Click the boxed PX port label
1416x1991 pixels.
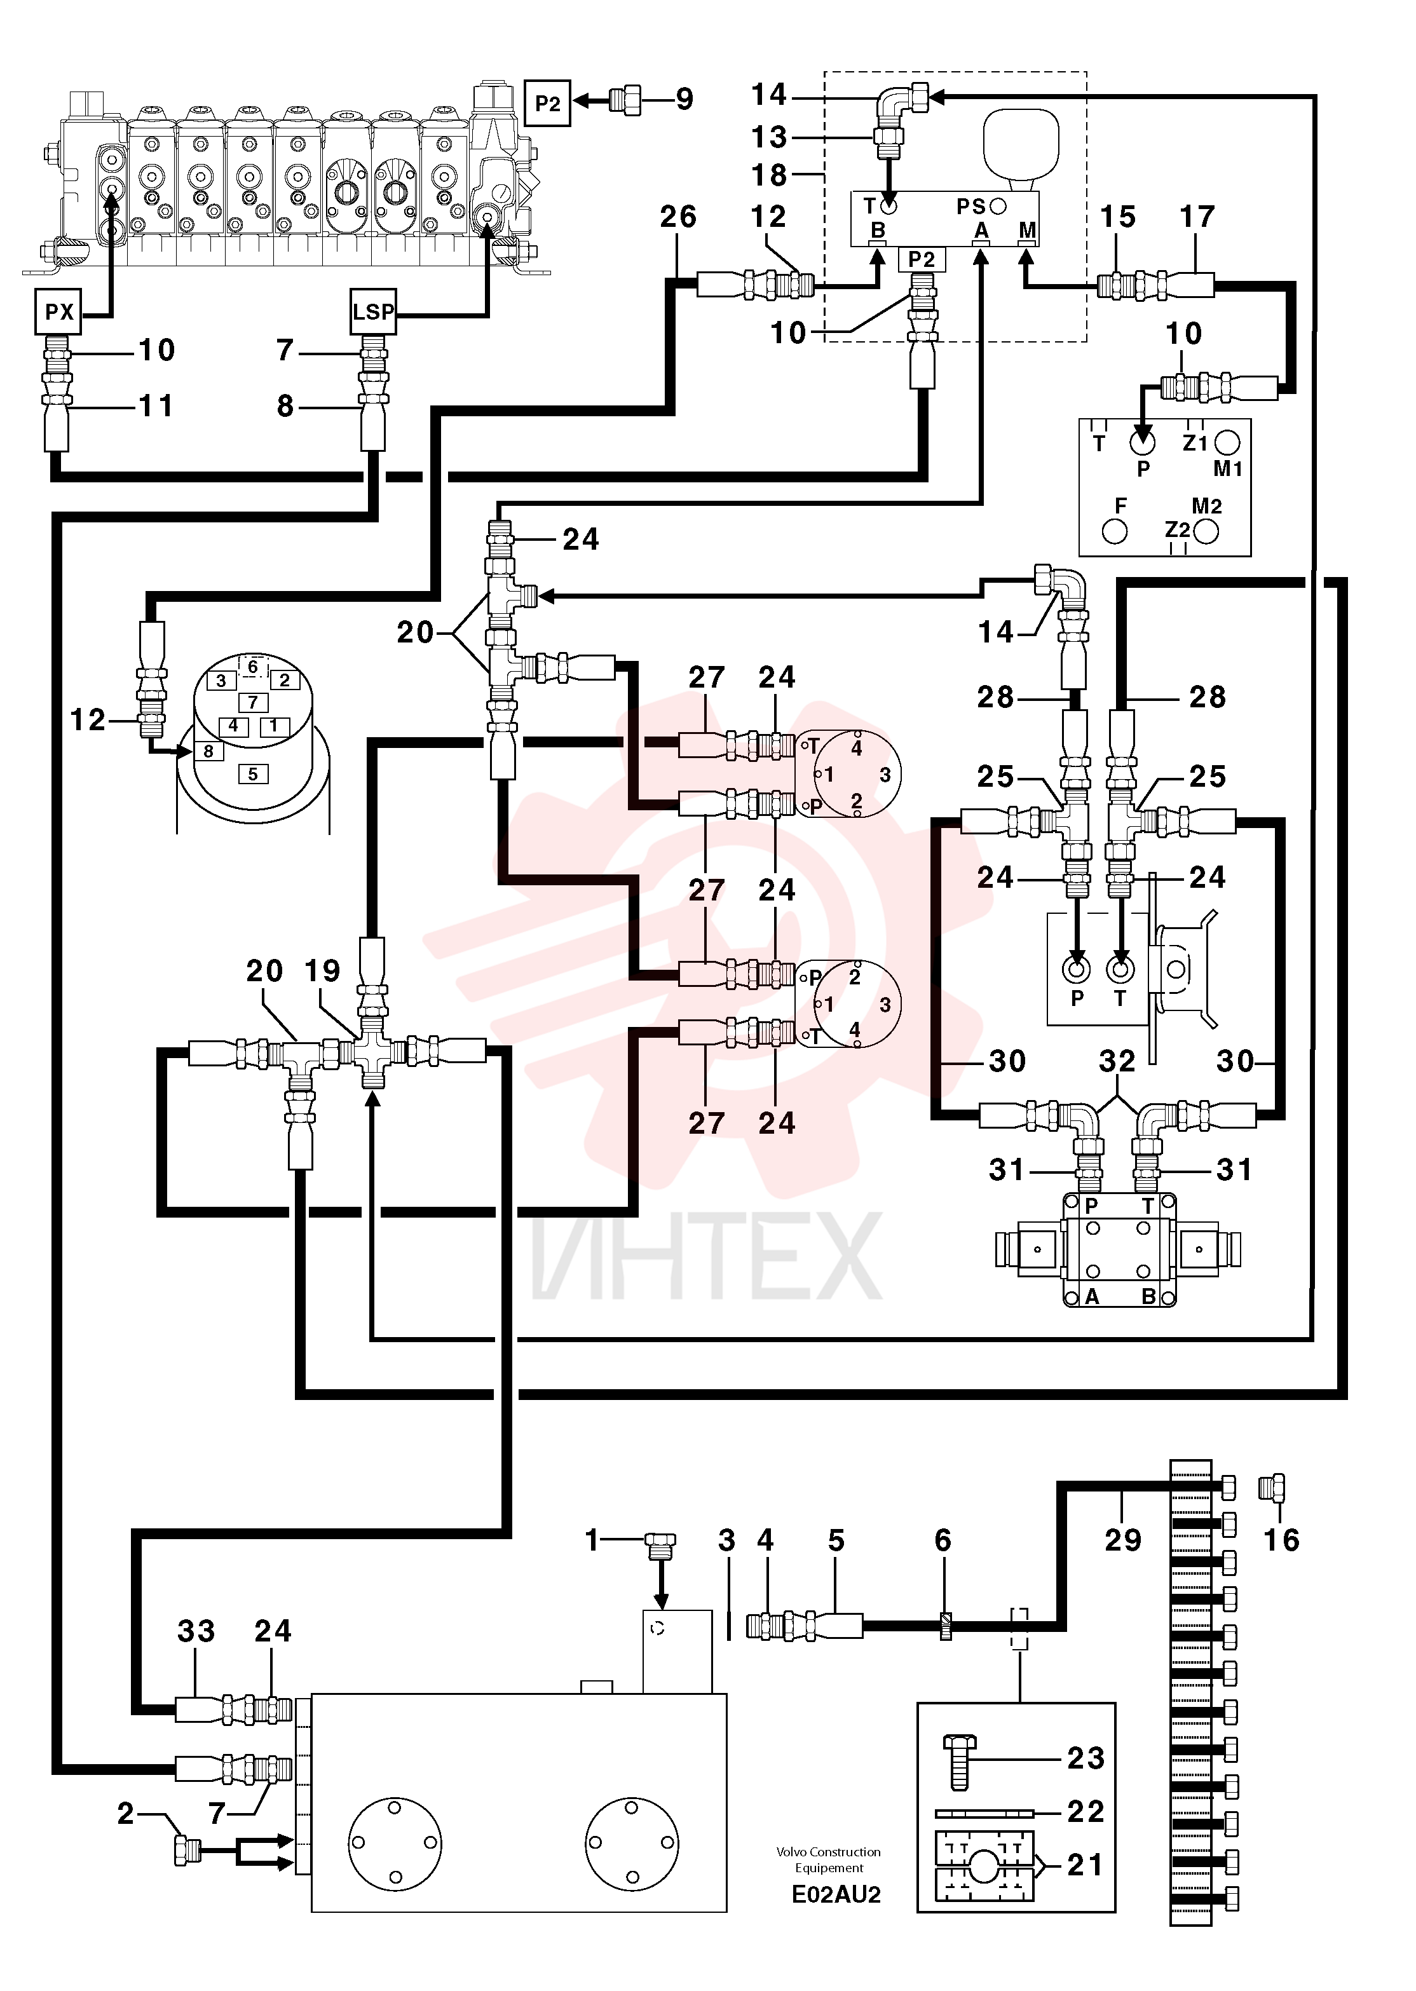58,311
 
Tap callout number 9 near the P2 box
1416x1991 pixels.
684,99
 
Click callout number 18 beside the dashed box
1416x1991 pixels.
769,175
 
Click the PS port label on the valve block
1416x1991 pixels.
970,207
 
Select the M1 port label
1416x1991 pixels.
1228,469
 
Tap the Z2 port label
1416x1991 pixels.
1177,529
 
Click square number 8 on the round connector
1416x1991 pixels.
208,751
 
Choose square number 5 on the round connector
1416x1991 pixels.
253,774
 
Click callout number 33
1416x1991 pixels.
196,1631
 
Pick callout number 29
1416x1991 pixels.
1123,1540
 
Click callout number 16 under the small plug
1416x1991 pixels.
1282,1540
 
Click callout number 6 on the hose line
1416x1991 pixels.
943,1540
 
